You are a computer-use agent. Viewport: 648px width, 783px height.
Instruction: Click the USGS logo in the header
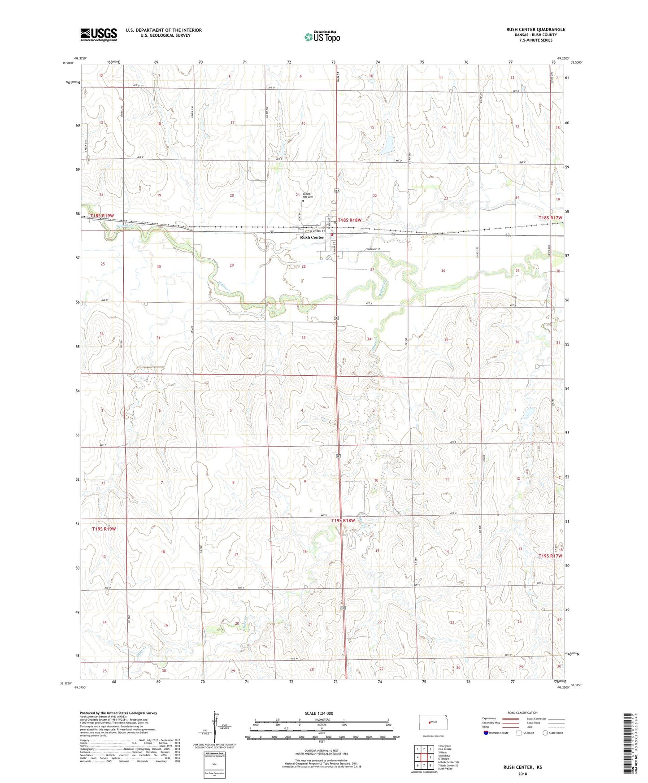[98, 35]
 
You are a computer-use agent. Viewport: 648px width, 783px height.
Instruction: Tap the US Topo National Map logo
[322, 37]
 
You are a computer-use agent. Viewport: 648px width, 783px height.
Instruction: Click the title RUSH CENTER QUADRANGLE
[535, 30]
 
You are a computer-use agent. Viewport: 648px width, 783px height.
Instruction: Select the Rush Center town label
[312, 237]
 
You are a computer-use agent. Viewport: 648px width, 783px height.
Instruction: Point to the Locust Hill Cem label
[308, 196]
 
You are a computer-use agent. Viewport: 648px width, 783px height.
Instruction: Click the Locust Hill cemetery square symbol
[303, 201]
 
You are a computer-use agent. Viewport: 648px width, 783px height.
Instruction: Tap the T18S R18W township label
[349, 220]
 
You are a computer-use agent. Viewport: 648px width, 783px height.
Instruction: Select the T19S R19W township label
[104, 529]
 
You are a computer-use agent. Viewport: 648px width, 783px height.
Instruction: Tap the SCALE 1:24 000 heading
[319, 713]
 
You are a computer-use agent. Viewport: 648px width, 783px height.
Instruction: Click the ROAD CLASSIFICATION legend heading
[523, 713]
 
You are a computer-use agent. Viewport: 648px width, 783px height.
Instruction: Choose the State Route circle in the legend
[545, 733]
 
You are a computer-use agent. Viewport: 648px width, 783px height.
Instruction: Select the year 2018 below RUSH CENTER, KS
[522, 774]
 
